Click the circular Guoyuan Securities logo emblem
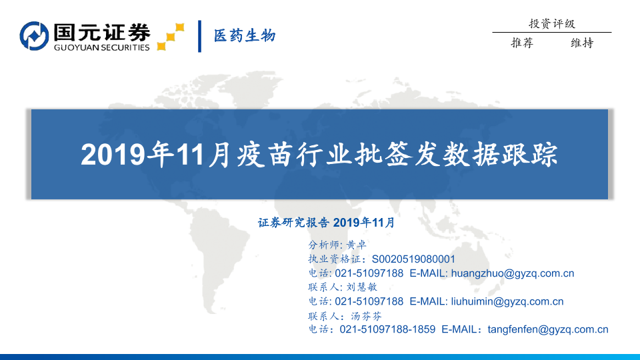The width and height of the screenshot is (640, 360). pyautogui.click(x=34, y=36)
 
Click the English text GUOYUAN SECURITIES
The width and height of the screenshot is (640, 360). pyautogui.click(x=101, y=47)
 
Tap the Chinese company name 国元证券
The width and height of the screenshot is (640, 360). pyautogui.click(x=101, y=32)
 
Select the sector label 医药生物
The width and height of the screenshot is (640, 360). pyautogui.click(x=245, y=35)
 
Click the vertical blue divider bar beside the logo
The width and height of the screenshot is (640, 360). pyautogui.click(x=199, y=36)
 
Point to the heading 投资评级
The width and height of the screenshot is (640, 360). pyautogui.click(x=552, y=24)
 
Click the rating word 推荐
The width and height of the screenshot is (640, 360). pyautogui.click(x=522, y=43)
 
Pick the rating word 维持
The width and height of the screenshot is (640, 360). pyautogui.click(x=582, y=43)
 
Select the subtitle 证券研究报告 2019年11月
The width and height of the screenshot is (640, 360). pyautogui.click(x=326, y=223)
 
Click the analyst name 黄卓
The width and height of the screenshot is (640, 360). pyautogui.click(x=356, y=245)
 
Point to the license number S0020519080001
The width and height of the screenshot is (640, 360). pyautogui.click(x=413, y=259)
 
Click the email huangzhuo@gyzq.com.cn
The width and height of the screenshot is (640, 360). pyautogui.click(x=512, y=273)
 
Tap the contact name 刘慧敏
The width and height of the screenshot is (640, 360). pyautogui.click(x=361, y=287)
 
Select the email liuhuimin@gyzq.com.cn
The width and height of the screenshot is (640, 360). pyautogui.click(x=507, y=301)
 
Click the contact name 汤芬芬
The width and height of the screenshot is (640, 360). pyautogui.click(x=367, y=316)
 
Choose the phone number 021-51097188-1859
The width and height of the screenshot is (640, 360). pyautogui.click(x=387, y=329)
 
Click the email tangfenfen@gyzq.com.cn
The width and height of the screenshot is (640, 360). pyautogui.click(x=548, y=330)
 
